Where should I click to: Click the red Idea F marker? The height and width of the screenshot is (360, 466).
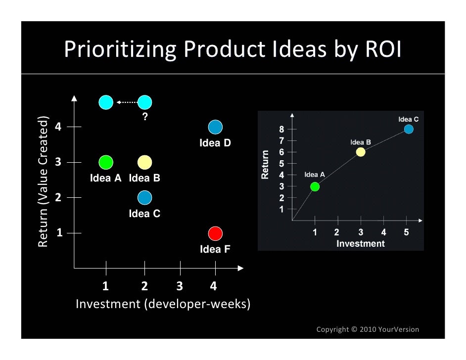click(215, 233)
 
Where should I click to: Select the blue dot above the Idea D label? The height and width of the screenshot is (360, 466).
click(215, 127)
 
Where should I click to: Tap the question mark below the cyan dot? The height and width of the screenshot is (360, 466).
click(145, 117)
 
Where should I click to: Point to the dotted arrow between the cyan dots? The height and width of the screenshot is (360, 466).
click(126, 102)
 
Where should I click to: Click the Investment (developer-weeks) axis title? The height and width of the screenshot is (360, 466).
click(163, 304)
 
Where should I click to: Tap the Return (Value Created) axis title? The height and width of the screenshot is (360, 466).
click(45, 181)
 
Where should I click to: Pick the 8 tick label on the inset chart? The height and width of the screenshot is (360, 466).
click(281, 130)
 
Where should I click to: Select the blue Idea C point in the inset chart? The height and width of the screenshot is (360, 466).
click(409, 130)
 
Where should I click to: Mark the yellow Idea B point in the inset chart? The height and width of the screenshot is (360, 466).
click(361, 152)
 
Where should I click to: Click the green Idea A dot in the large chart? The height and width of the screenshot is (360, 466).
click(106, 162)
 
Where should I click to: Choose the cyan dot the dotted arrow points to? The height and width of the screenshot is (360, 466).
click(106, 102)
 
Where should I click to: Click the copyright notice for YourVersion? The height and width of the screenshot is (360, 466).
click(368, 329)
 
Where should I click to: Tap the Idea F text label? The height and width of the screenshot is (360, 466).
click(215, 249)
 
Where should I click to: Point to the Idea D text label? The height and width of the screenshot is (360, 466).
click(215, 143)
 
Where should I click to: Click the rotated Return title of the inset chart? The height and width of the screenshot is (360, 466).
click(265, 164)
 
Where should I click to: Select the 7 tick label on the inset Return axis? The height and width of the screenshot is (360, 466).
click(281, 141)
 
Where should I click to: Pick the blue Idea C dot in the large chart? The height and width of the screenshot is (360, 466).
click(144, 198)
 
